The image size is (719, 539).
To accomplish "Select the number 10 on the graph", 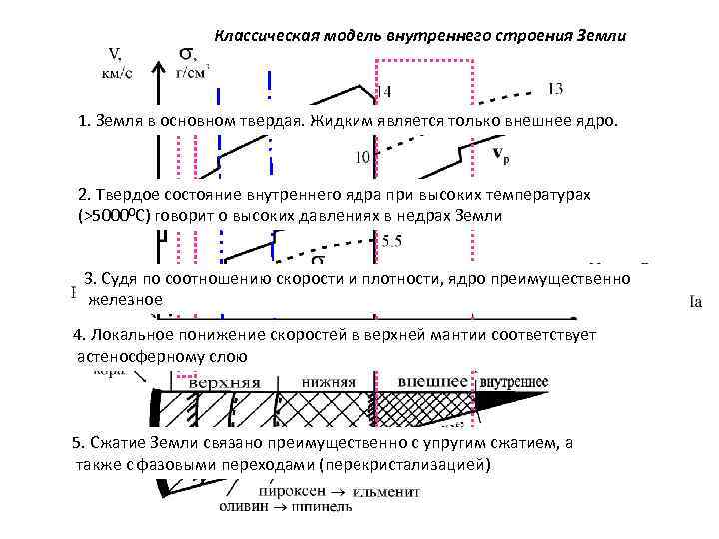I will coord(362,157).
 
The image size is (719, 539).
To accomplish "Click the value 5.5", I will coord(391,241).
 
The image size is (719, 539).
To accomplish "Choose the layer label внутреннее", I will coord(513,382).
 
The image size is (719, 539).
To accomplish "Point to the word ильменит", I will coord(388,490).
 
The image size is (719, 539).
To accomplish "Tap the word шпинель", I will coord(322,506).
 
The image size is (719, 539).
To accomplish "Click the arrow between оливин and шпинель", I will coord(282,506).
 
